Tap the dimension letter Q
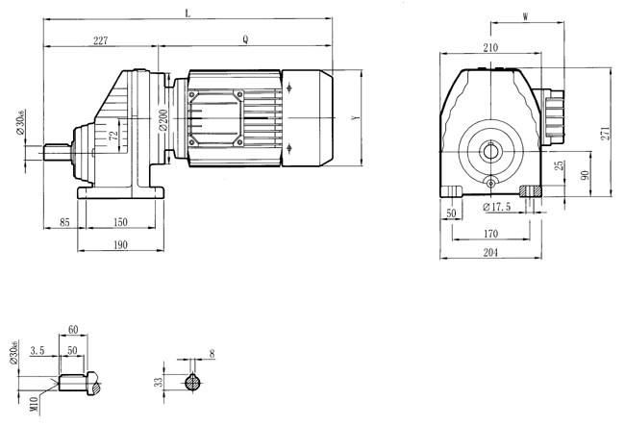(246, 40)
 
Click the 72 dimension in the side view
(113, 137)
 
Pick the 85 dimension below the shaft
(63, 222)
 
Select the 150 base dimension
(120, 222)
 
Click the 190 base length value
(120, 245)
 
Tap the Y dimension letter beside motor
(356, 117)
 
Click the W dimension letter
(525, 16)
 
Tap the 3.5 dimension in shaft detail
(37, 352)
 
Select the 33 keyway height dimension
(158, 382)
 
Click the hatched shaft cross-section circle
(195, 383)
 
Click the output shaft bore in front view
(491, 150)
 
